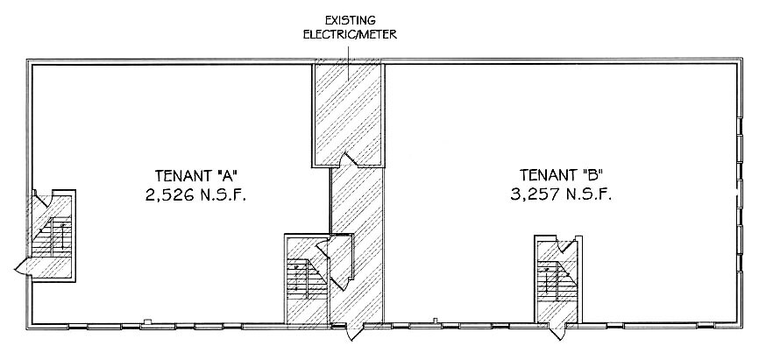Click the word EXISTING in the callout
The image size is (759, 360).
[x=350, y=20]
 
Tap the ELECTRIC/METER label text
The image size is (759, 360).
[x=350, y=35]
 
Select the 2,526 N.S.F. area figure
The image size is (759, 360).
[x=195, y=195]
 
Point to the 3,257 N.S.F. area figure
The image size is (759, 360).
[x=561, y=194]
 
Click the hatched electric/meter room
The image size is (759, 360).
[x=348, y=114]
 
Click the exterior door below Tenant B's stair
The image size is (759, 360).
[x=557, y=331]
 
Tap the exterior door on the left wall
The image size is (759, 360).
[x=25, y=267]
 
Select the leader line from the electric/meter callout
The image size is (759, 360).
[x=349, y=62]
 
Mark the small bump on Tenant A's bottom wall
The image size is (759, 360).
[x=147, y=321]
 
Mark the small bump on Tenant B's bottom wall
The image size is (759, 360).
[x=435, y=320]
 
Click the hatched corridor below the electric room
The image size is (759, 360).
[x=358, y=244]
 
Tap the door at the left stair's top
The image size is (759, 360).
[x=40, y=199]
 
